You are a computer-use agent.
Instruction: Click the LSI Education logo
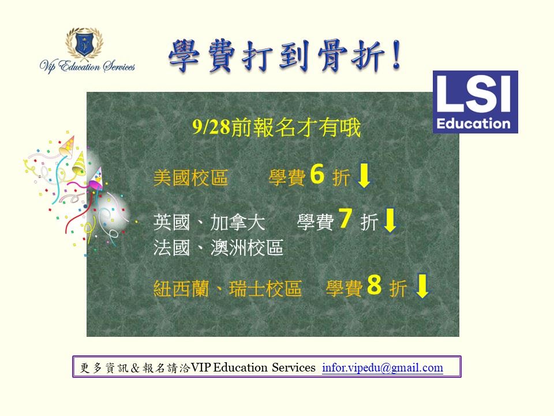[475, 102]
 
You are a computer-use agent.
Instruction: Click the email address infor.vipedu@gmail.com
[382, 367]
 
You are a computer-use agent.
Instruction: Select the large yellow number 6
[317, 174]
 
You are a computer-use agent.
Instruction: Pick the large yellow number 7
[345, 218]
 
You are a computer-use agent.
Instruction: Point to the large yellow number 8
[374, 284]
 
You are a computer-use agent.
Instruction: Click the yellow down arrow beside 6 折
[364, 176]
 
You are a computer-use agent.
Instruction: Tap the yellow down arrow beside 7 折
[390, 220]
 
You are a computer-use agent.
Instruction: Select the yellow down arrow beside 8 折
[422, 285]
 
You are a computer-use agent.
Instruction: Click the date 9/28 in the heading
[211, 127]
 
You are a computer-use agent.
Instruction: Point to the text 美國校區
[190, 177]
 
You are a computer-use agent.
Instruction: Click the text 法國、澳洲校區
[218, 248]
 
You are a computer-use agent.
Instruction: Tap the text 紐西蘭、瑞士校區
[227, 288]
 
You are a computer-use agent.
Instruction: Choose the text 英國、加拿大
[209, 222]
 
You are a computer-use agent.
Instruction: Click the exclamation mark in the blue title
[396, 55]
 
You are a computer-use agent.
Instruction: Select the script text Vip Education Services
[87, 66]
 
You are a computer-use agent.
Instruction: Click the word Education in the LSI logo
[473, 124]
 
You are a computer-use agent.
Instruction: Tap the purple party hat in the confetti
[96, 179]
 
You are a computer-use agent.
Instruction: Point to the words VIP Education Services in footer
[253, 367]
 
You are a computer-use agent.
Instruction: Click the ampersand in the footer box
[135, 368]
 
